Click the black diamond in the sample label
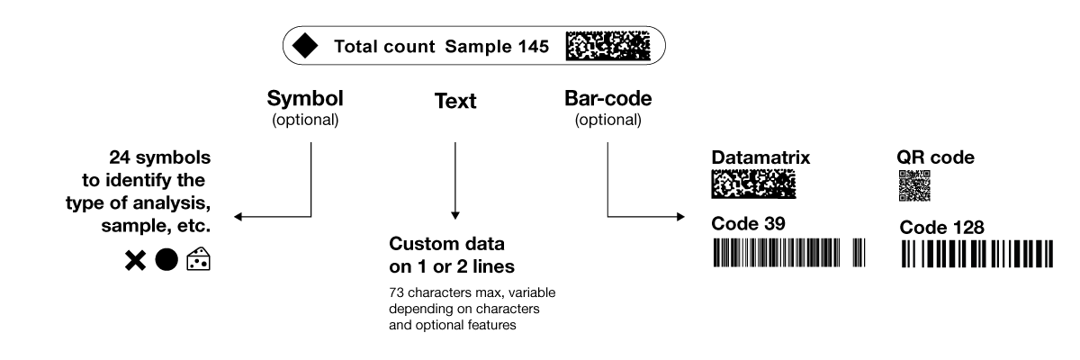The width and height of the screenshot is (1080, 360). pyautogui.click(x=306, y=47)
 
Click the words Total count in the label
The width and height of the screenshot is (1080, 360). pyautogui.click(x=386, y=47)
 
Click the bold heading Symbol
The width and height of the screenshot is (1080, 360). pyautogui.click(x=306, y=99)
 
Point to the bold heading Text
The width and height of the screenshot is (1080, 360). pyautogui.click(x=454, y=103)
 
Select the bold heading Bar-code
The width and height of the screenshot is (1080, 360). pyautogui.click(x=607, y=99)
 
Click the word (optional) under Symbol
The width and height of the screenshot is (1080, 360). pyautogui.click(x=306, y=119)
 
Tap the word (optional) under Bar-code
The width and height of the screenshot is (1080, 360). pyautogui.click(x=607, y=119)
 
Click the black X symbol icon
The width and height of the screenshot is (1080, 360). pyautogui.click(x=135, y=261)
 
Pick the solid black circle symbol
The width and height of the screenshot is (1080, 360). pyautogui.click(x=166, y=260)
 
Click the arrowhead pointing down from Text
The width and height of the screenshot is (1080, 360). pyautogui.click(x=454, y=215)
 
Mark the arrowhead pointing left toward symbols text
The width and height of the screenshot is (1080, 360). pyautogui.click(x=238, y=217)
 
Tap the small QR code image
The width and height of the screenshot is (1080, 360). pyautogui.click(x=913, y=185)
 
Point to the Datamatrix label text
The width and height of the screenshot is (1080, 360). pyautogui.click(x=761, y=157)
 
